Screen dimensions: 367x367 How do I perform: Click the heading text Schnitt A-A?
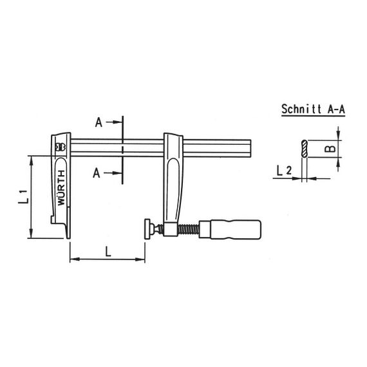(x=313, y=109)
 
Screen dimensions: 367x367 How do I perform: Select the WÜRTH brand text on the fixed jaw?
(x=61, y=188)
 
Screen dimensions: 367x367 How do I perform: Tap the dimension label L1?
(x=23, y=197)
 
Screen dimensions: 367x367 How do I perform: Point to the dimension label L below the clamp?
(x=108, y=251)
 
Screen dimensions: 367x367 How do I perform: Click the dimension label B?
(x=330, y=149)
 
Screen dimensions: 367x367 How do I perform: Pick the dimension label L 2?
(x=284, y=171)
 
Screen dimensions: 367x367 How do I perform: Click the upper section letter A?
(x=99, y=122)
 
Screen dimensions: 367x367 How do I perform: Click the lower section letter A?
(x=97, y=173)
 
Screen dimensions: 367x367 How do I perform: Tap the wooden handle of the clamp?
(x=230, y=229)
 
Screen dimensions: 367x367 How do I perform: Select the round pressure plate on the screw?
(x=147, y=229)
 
